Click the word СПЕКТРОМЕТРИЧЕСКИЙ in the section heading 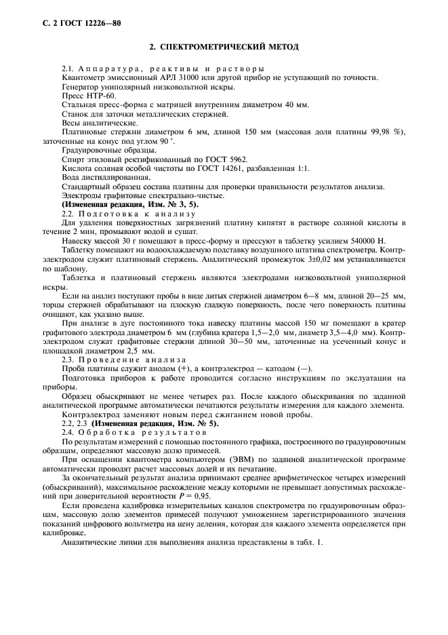click(x=213, y=47)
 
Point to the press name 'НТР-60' click(x=92, y=96)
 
